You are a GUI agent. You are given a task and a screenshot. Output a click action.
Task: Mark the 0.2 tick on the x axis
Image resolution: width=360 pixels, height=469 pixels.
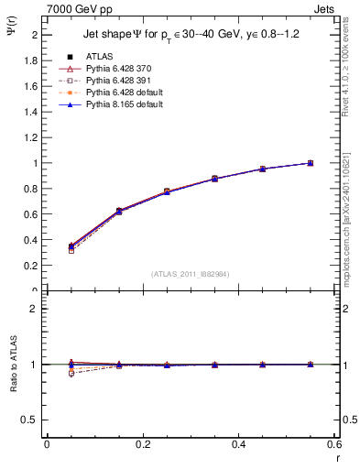tap(143, 444)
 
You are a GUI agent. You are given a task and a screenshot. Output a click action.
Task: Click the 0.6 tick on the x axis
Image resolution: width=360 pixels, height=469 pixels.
tap(333, 444)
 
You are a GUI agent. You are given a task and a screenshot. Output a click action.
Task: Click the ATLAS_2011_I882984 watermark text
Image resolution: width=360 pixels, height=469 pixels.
tap(190, 273)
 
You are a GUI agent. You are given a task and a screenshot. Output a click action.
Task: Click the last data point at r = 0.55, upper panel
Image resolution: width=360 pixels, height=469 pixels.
tap(310, 163)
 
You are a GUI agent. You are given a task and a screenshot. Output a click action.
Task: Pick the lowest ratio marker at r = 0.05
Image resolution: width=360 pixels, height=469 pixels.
tap(71, 374)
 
